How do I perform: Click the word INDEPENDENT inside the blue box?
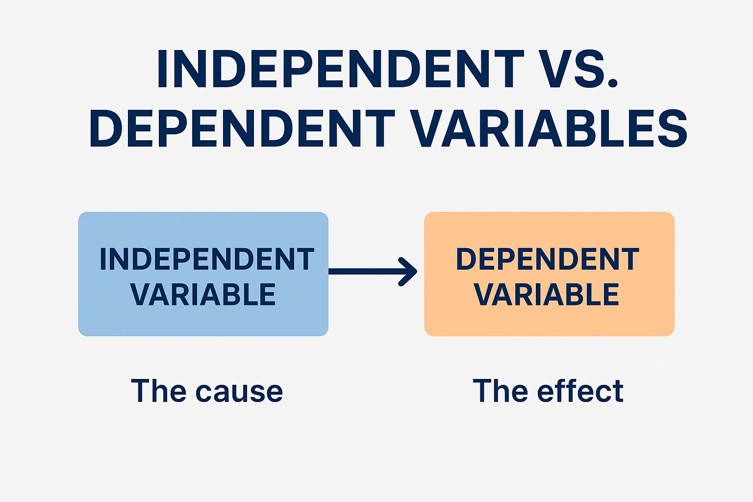(x=206, y=259)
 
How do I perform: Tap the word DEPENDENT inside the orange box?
(x=548, y=259)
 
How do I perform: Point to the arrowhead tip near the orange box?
(x=415, y=271)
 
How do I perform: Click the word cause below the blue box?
(x=239, y=392)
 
